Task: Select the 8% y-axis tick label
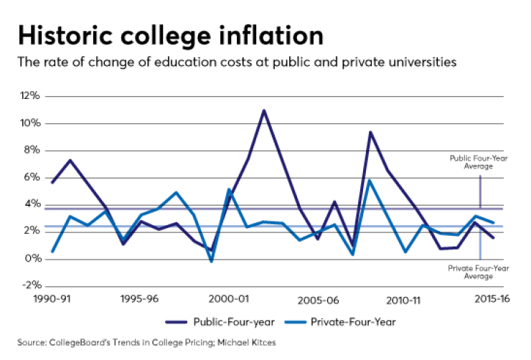point(32,150)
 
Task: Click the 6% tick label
point(32,177)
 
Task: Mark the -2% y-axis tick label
point(31,285)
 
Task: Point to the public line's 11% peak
point(264,110)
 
